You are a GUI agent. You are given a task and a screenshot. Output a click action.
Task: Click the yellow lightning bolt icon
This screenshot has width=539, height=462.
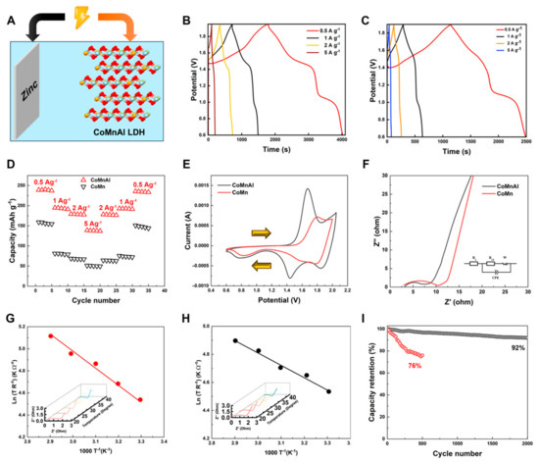tap(91, 13)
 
